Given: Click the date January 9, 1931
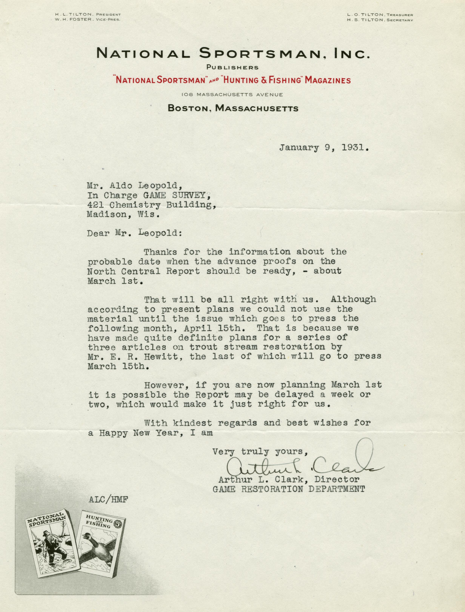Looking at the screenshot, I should click(x=324, y=148).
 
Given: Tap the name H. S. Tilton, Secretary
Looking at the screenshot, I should click(x=381, y=20).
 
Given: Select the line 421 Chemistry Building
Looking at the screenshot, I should click(x=151, y=205).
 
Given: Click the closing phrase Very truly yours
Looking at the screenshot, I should click(x=260, y=452).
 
